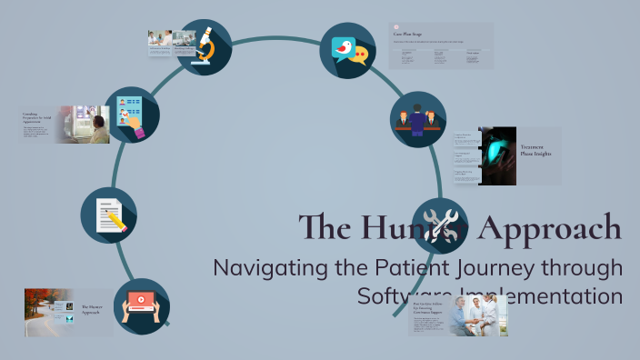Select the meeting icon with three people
pyautogui.click(x=418, y=119)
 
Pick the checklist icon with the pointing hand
pyautogui.click(x=132, y=115)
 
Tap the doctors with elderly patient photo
pyautogui.click(x=478, y=315)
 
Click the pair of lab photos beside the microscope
pyautogui.click(x=172, y=39)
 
